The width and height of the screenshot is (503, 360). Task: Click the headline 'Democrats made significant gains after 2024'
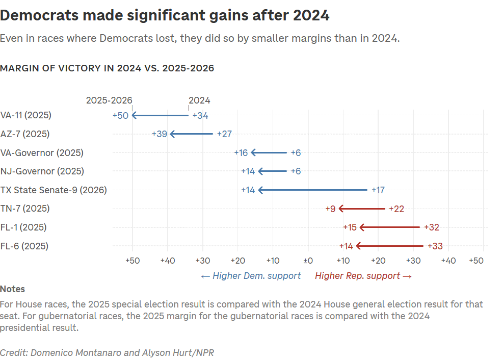click(x=165, y=16)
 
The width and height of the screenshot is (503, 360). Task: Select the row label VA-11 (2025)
click(x=26, y=115)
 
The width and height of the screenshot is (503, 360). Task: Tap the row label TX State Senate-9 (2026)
click(x=54, y=190)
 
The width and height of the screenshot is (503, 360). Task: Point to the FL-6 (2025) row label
click(x=24, y=246)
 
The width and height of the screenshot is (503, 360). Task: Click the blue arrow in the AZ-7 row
click(x=192, y=134)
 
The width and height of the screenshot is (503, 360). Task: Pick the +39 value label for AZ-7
click(x=160, y=134)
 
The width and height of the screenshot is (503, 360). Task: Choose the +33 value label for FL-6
click(x=435, y=246)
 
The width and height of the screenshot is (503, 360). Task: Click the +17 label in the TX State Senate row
click(x=378, y=190)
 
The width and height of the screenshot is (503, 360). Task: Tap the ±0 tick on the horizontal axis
click(x=308, y=261)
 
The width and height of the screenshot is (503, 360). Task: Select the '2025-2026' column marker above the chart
click(x=109, y=100)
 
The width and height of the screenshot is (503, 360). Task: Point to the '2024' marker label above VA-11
click(x=199, y=100)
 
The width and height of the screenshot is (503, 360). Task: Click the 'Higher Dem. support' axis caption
click(x=251, y=276)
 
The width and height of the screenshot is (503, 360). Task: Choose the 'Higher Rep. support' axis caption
click(x=363, y=276)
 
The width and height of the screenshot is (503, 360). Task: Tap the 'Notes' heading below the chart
click(x=12, y=289)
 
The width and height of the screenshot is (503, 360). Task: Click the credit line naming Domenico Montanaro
click(x=107, y=352)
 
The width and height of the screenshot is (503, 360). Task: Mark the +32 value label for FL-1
click(x=431, y=227)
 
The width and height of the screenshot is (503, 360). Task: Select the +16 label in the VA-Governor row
click(x=241, y=153)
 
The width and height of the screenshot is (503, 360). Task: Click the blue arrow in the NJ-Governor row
click(x=273, y=171)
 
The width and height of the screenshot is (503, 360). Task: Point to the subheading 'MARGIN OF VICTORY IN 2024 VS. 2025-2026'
click(x=107, y=68)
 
